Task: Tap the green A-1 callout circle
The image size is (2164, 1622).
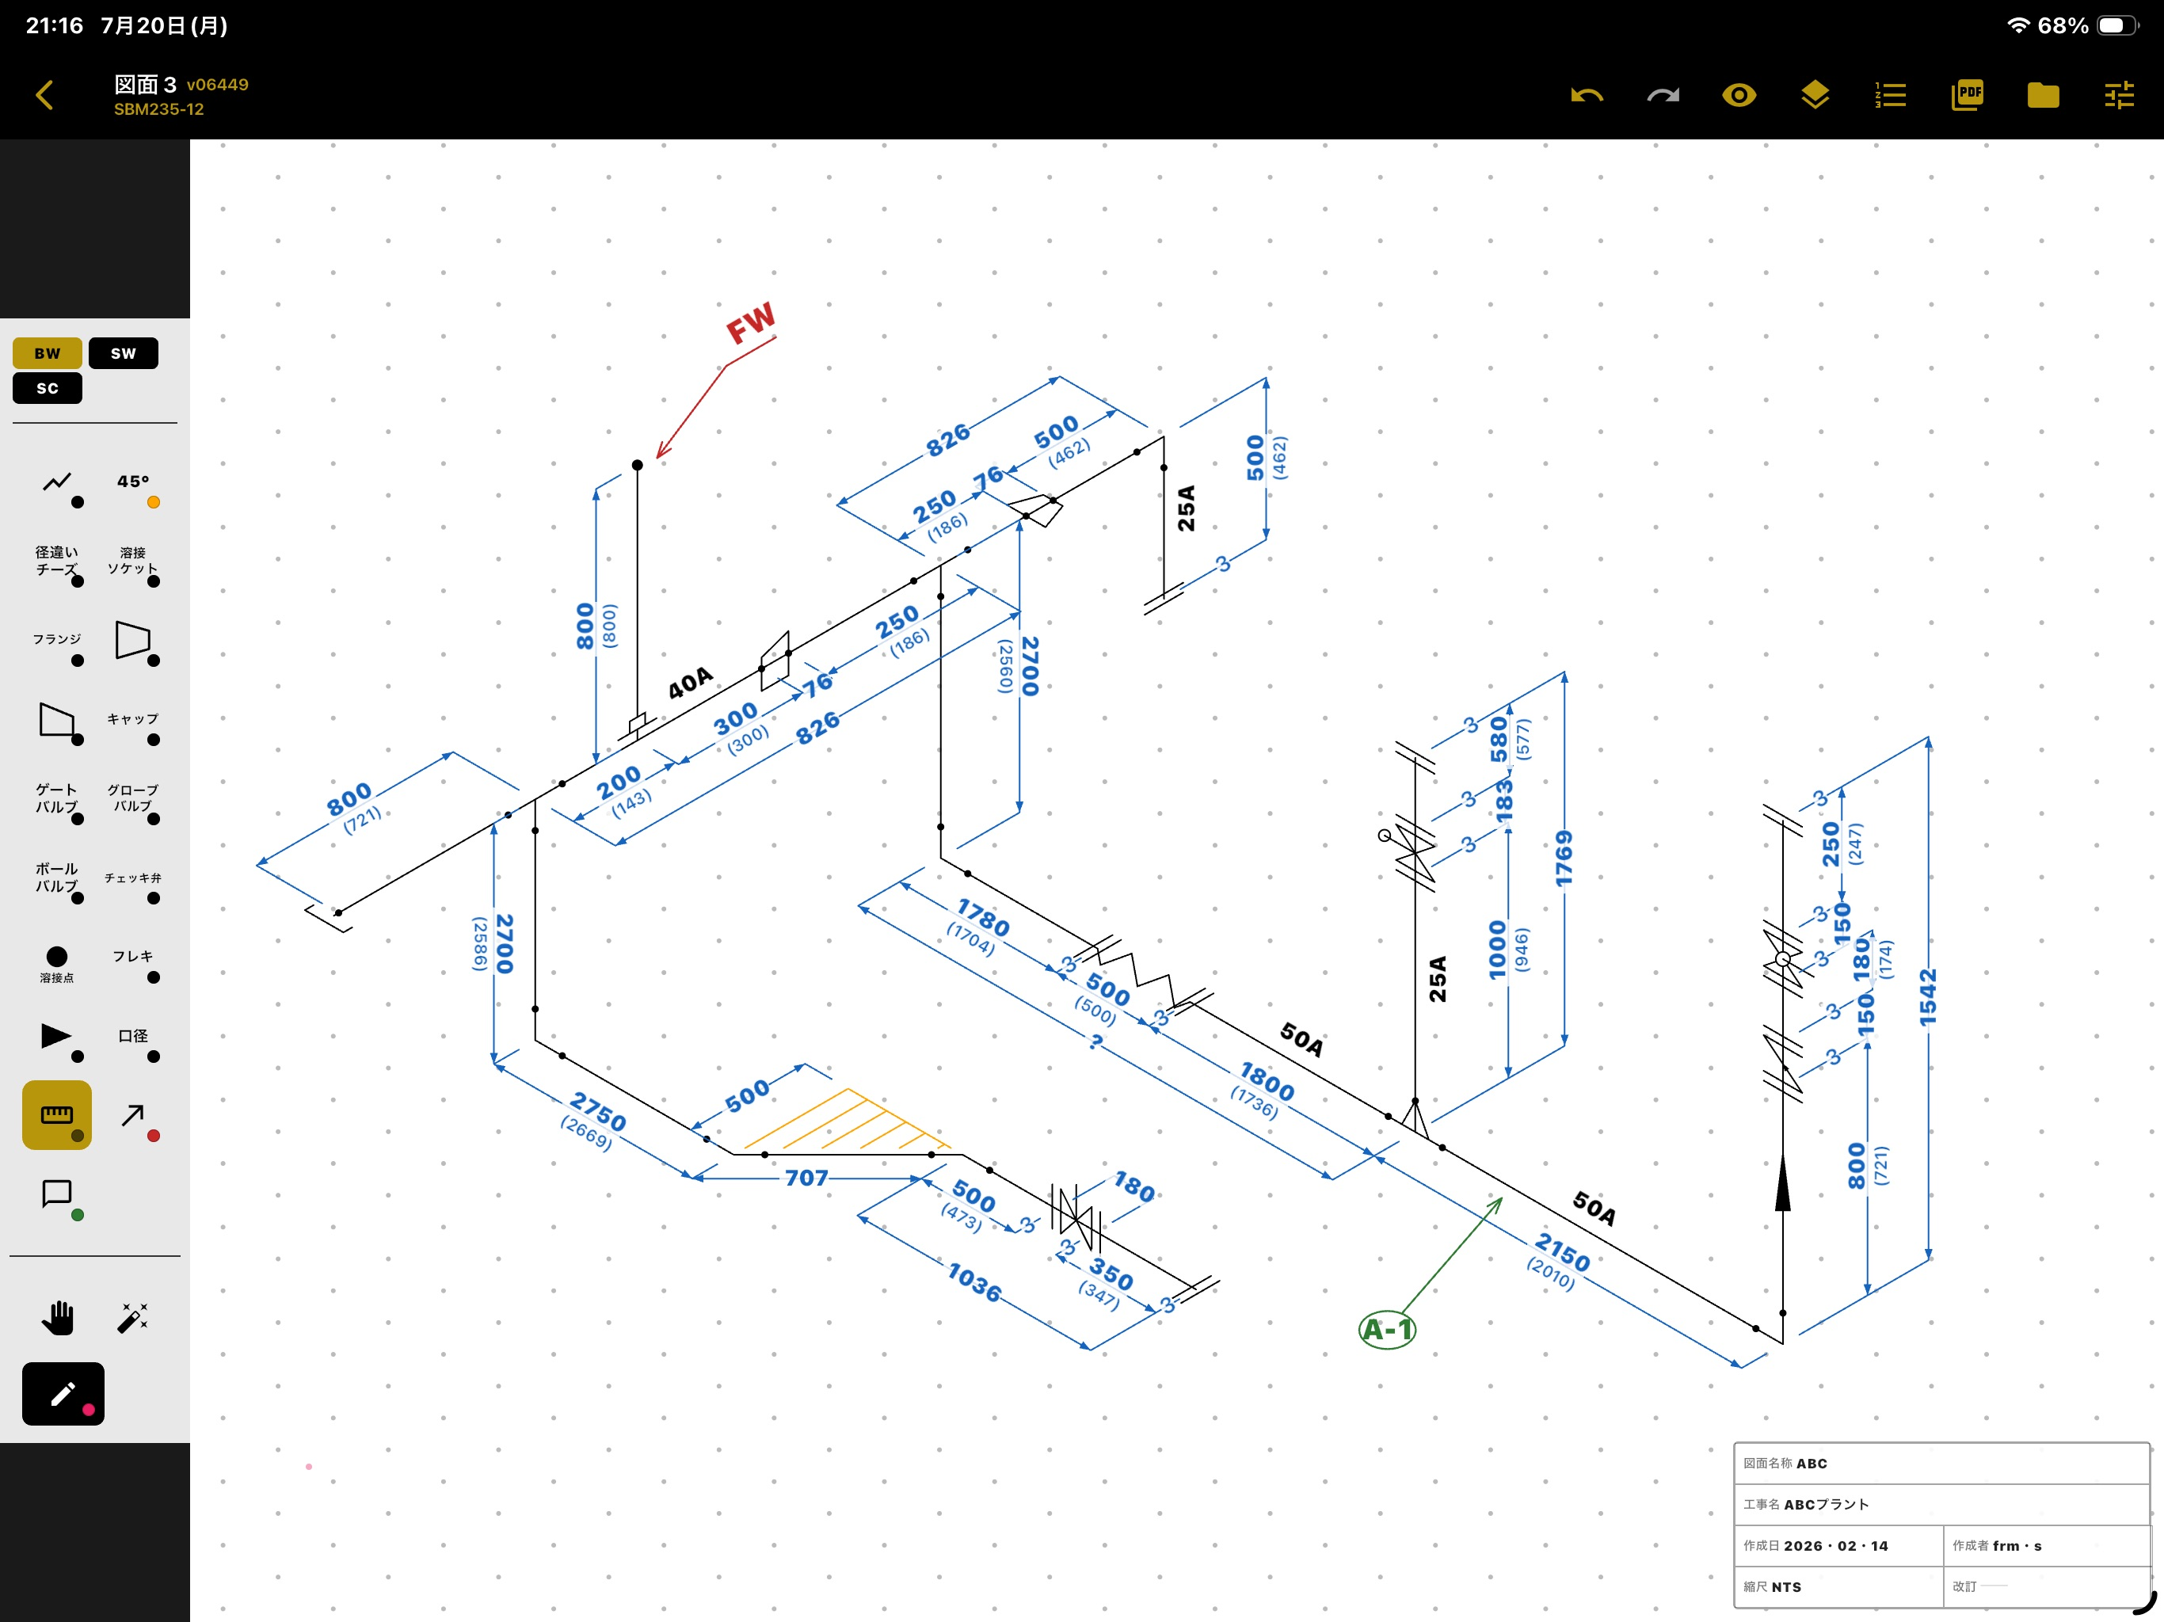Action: [1387, 1330]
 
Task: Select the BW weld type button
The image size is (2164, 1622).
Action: [47, 353]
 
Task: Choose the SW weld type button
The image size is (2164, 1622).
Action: [124, 353]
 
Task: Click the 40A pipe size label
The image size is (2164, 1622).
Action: [691, 683]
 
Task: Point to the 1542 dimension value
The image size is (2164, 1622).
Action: [1927, 997]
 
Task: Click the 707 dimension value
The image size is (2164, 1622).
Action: [806, 1178]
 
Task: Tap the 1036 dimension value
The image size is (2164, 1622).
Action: [974, 1281]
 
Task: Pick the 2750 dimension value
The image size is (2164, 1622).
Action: [599, 1110]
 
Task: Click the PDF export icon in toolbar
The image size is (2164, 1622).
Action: [1967, 95]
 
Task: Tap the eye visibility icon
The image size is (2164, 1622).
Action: [1739, 95]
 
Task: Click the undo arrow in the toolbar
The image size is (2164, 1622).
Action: [1587, 95]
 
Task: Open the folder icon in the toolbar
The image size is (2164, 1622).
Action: [2043, 95]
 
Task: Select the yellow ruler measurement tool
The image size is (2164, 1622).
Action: [57, 1114]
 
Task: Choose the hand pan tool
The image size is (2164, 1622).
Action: [58, 1318]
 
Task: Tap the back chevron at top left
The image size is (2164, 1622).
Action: [44, 95]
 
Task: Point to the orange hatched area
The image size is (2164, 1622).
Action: [848, 1121]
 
